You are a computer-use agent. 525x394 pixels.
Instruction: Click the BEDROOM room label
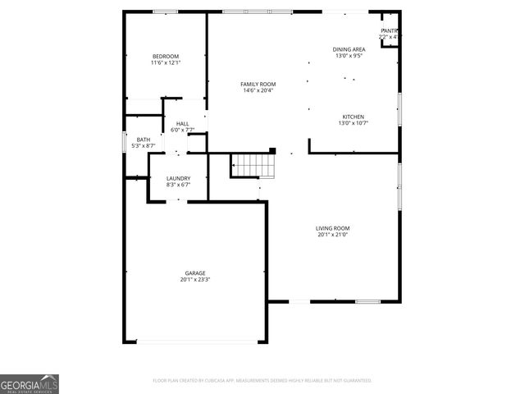(x=165, y=56)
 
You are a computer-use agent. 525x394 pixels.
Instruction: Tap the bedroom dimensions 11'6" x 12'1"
(x=165, y=62)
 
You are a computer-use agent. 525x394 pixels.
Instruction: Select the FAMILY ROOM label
(x=258, y=84)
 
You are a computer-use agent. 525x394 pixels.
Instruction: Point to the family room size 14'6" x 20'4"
(x=258, y=90)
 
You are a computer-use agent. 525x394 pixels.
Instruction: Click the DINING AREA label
(x=349, y=49)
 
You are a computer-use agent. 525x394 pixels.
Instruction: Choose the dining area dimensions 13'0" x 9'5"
(x=349, y=56)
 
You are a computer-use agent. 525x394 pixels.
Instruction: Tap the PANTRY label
(x=389, y=30)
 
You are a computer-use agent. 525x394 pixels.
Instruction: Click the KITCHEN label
(x=353, y=117)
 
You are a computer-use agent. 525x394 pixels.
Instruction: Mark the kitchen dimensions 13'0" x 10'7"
(x=353, y=123)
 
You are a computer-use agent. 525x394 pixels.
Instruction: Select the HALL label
(x=182, y=123)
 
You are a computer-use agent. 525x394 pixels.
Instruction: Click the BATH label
(x=144, y=140)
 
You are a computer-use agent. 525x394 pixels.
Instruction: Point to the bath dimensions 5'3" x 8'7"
(x=144, y=146)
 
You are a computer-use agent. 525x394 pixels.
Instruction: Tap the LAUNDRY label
(x=178, y=178)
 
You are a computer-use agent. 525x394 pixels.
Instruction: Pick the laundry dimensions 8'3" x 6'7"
(x=178, y=185)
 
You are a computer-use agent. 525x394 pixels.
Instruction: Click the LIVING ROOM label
(x=333, y=227)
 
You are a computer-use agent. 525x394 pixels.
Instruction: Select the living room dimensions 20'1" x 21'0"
(x=333, y=234)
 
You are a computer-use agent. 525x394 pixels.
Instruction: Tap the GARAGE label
(x=194, y=273)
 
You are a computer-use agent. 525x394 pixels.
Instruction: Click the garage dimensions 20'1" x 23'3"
(x=194, y=279)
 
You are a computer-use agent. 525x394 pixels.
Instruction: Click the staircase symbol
(x=253, y=165)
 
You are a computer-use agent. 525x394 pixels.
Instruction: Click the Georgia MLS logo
(x=30, y=384)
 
